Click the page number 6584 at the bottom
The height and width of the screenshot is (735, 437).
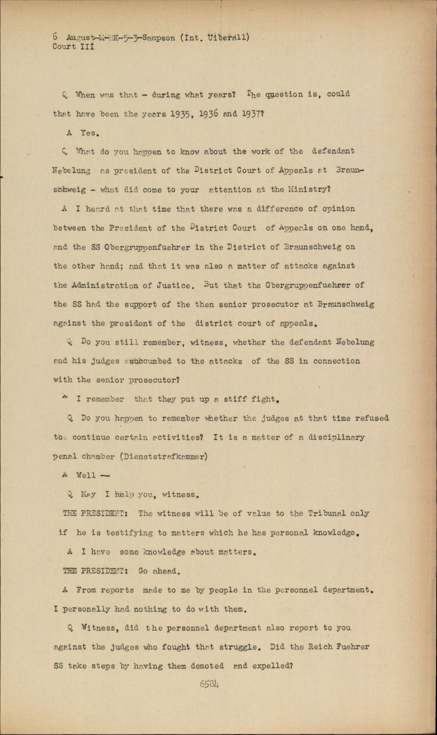pos(209,684)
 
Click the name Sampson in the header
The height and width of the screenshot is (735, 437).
pos(159,38)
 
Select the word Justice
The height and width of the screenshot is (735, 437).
pos(174,285)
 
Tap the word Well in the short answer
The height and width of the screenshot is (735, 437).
pos(86,475)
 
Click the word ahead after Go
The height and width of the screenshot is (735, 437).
pos(164,571)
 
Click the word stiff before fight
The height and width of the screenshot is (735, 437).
pos(236,399)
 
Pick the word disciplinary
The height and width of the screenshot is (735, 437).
pos(337,437)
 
